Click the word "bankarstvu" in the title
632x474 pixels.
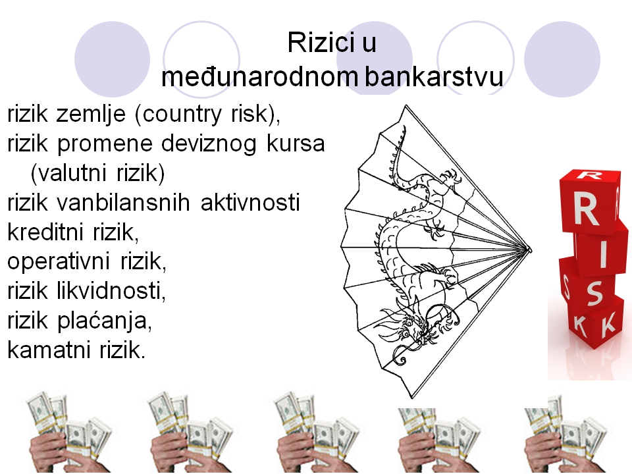434,76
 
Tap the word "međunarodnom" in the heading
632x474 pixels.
259,76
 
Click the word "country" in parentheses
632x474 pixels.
178,115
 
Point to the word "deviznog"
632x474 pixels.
209,144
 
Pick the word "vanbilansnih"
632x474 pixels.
123,201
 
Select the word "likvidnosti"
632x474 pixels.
111,290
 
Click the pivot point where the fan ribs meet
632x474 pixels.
529,250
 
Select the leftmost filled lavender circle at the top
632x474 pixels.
112,59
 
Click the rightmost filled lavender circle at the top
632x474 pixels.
562,59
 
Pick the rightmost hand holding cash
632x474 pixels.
565,434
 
